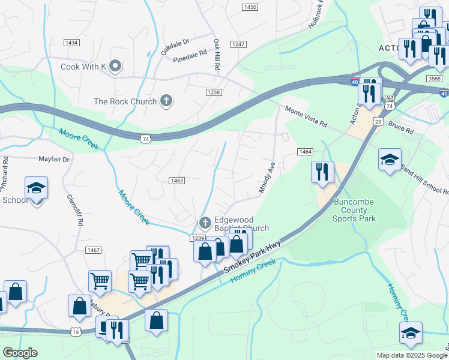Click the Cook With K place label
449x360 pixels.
pos(83,67)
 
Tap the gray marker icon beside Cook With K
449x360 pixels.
pos(116,66)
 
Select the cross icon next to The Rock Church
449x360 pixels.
pos(166,101)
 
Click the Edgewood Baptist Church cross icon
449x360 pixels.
pos(205,223)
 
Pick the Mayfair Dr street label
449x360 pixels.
pos(54,160)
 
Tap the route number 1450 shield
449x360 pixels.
pos(250,7)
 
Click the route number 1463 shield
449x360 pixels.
pos(176,181)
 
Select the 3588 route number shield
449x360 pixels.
pos(435,79)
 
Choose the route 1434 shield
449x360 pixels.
pos(72,43)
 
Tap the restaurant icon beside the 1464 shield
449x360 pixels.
pos(322,172)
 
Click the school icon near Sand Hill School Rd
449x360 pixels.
pos(390,160)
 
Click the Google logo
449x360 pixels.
pos(20,353)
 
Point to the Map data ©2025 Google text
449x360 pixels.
pos(411,355)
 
